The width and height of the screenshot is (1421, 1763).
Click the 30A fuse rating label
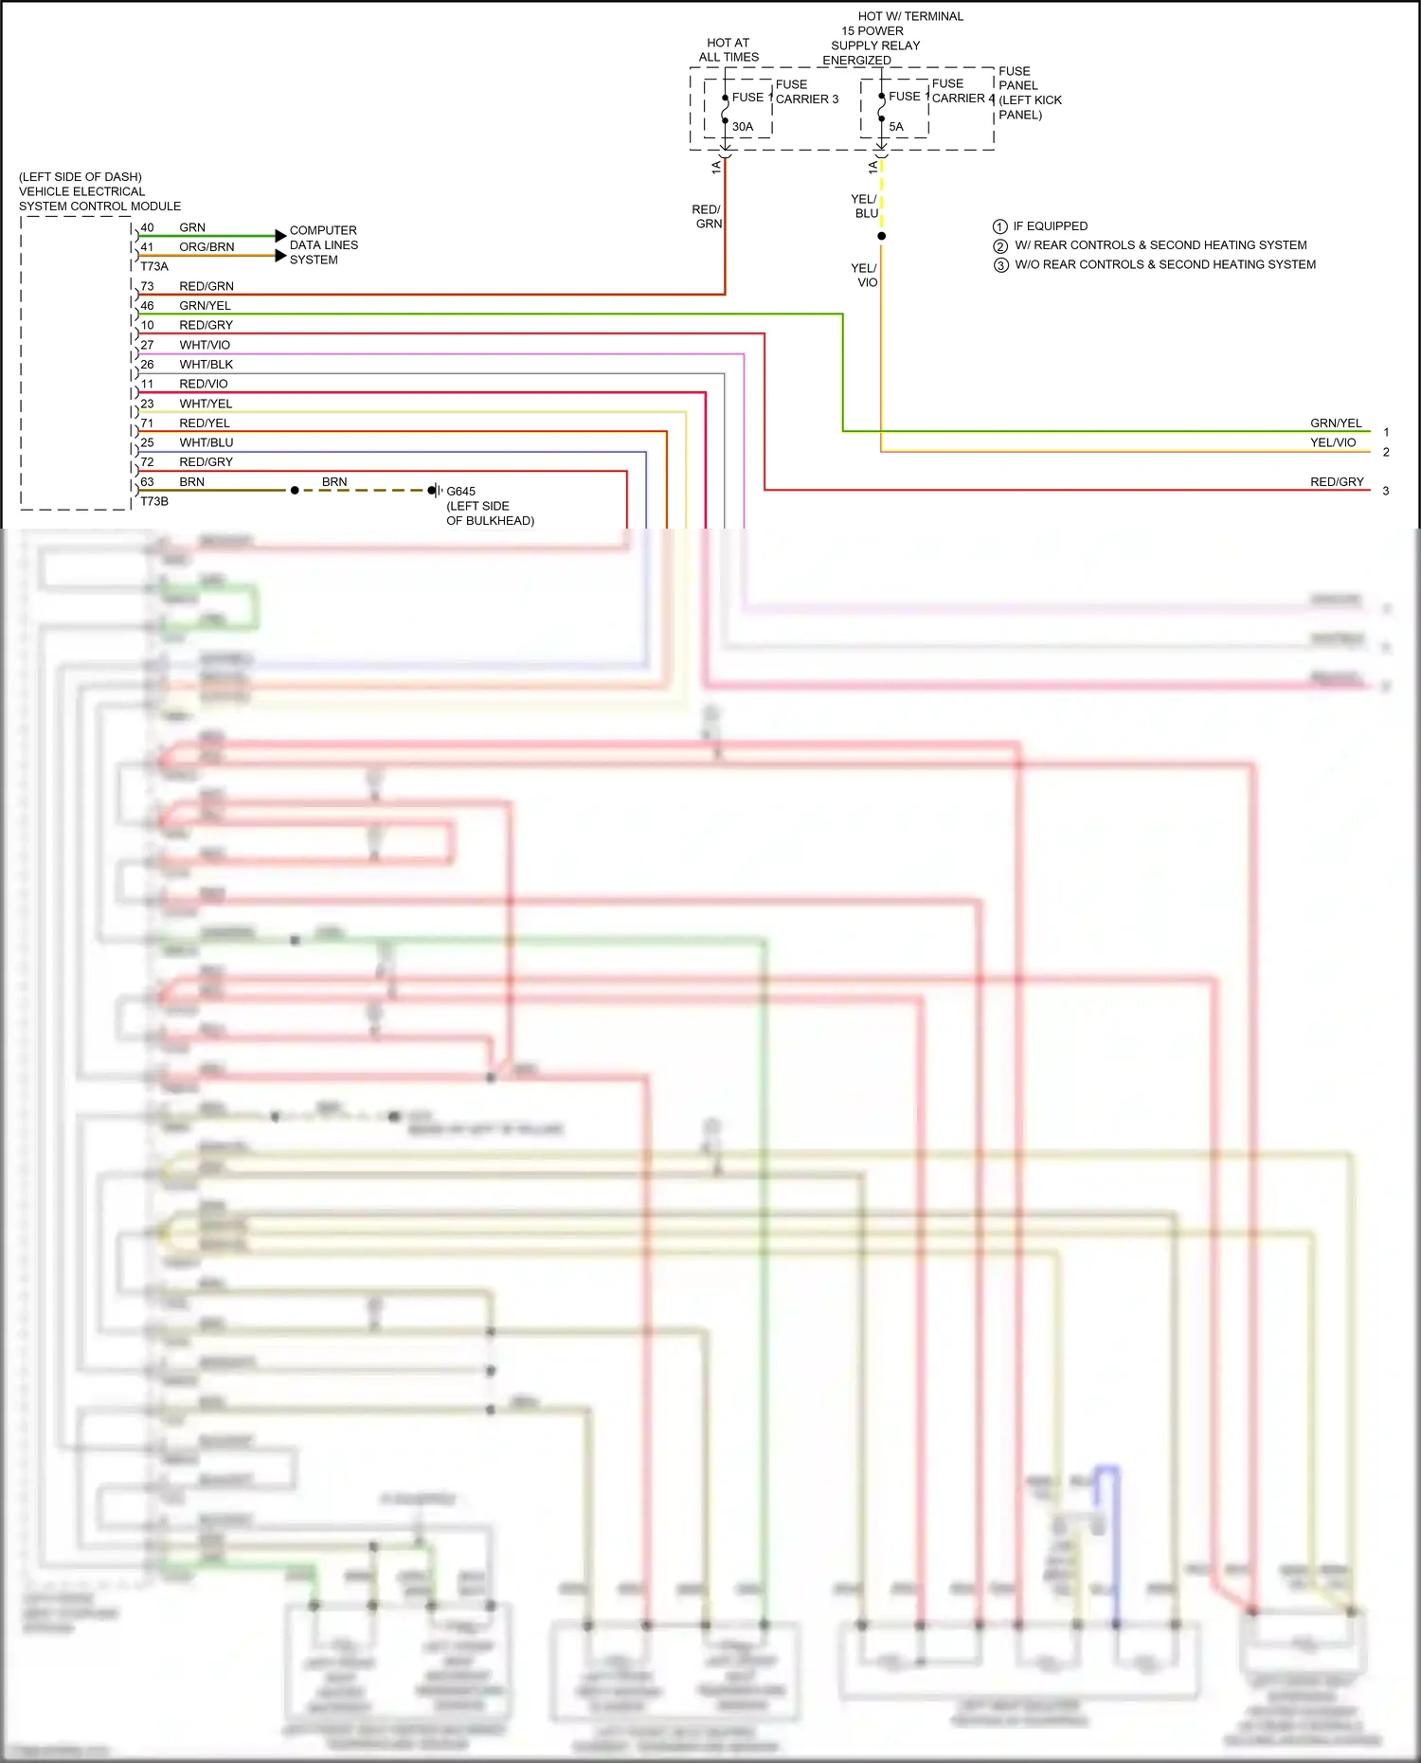[742, 127]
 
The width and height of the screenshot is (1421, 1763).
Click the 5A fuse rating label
[895, 127]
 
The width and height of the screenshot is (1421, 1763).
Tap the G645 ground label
[460, 492]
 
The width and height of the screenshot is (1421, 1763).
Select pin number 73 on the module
[147, 286]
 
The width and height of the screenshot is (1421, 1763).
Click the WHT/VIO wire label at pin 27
[205, 345]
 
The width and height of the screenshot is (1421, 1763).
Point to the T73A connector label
[154, 267]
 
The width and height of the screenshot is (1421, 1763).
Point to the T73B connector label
[154, 501]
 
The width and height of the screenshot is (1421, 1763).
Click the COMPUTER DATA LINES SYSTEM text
[323, 244]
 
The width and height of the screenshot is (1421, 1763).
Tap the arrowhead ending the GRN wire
[280, 235]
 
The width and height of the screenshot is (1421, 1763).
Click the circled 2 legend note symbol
[1000, 246]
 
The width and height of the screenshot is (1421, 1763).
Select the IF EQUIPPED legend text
[1050, 226]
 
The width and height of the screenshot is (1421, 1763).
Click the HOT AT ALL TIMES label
[728, 50]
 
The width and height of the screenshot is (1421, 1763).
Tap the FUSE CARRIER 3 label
[806, 92]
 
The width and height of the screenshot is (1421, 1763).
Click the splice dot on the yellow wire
[881, 236]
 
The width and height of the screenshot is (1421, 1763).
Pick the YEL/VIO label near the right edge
[1333, 442]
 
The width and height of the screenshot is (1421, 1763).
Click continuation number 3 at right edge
[1385, 491]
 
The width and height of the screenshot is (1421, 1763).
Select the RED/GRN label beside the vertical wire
[708, 217]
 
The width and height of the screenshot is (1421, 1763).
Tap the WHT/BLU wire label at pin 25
[206, 442]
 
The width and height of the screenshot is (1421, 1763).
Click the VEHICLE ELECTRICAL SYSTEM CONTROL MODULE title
[99, 191]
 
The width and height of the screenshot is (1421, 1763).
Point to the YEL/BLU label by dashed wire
[864, 207]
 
